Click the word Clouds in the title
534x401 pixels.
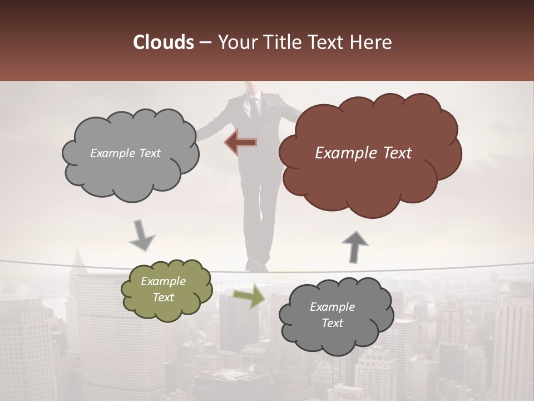pos(163,42)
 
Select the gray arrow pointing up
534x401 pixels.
pos(354,246)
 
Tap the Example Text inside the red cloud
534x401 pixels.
pos(363,153)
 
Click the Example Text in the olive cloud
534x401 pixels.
pos(163,290)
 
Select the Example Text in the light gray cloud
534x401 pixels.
pos(125,153)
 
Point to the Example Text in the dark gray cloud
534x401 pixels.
pos(332,315)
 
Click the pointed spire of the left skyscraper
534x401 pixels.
pos(77,256)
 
